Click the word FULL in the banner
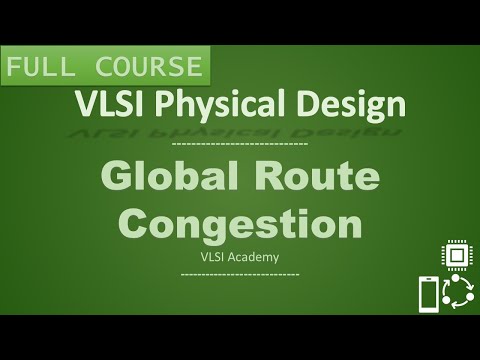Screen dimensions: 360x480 click(42, 68)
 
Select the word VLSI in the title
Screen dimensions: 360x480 click(106, 103)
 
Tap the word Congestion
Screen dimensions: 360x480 click(240, 221)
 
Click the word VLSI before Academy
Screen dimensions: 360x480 click(214, 256)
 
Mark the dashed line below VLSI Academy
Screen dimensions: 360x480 click(240, 272)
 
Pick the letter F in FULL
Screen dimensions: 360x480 click(15, 68)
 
